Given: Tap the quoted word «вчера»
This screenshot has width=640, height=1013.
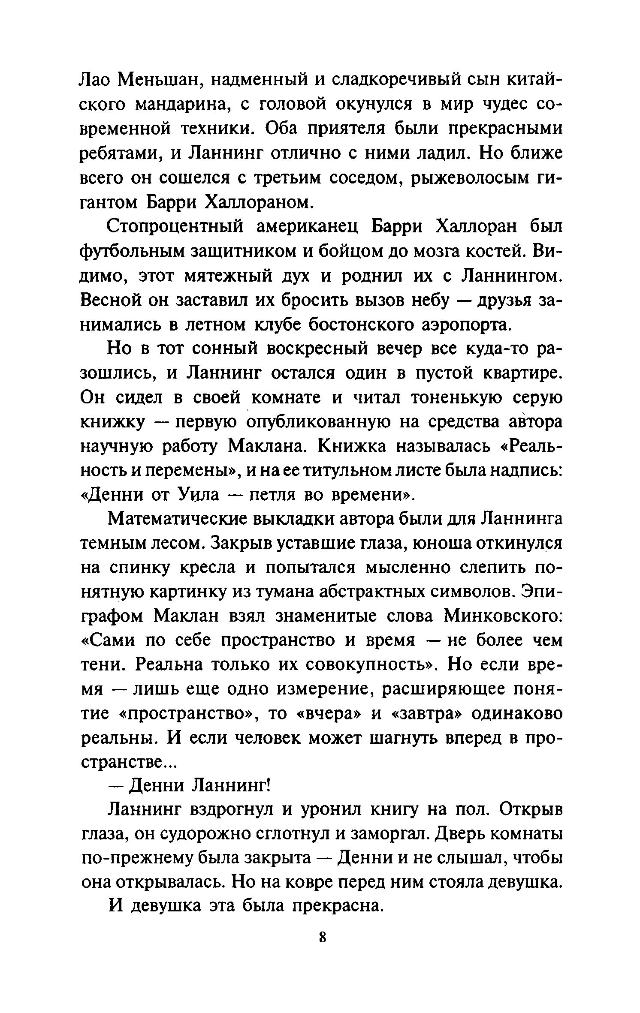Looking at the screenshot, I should [328, 715].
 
